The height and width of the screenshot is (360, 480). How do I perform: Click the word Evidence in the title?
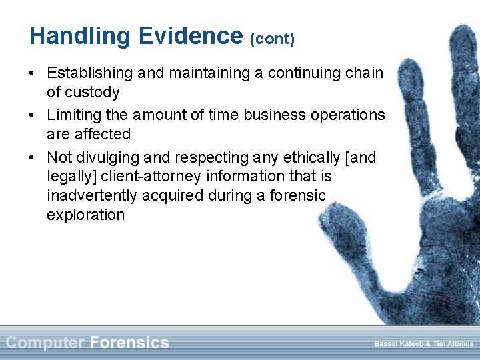pos(191,36)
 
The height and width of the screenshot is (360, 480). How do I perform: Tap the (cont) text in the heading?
pos(272,39)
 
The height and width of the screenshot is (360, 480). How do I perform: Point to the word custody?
pos(93,92)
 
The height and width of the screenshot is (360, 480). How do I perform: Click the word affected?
pos(104,134)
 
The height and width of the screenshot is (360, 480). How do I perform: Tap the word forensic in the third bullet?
pos(299,195)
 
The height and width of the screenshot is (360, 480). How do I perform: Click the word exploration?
pos(85,215)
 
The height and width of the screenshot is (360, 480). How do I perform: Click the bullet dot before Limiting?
pos(33,115)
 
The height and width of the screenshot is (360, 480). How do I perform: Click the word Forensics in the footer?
pos(129,343)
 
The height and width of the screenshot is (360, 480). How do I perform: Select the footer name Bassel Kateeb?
pos(395,344)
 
